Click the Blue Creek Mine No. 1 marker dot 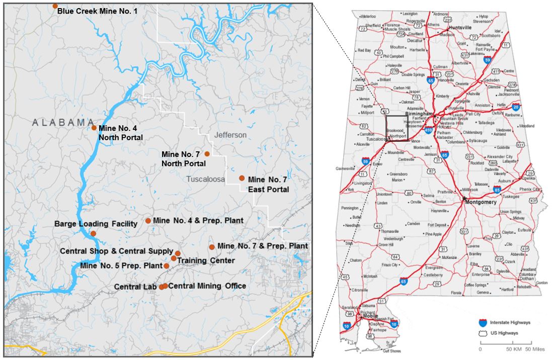coord(55,6)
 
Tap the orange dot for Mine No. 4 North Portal coord(94,128)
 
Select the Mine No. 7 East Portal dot coord(242,178)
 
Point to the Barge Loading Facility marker coord(93,233)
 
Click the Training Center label coord(205,260)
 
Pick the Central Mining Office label coord(207,286)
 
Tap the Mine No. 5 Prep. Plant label coord(121,265)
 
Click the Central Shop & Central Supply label coord(116,250)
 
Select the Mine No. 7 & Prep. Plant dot coord(212,247)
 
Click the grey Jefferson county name coord(231,135)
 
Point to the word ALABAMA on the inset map coord(64,122)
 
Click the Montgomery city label coord(481,202)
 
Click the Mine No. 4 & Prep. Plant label coord(198,220)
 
